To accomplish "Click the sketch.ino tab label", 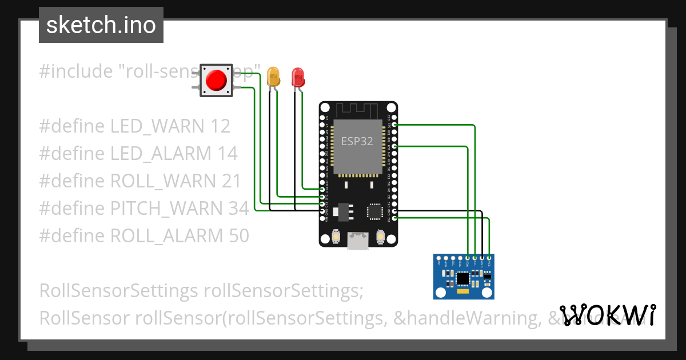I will coord(101,25).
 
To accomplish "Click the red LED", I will coord(298,77).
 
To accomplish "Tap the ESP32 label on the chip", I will coord(357,141).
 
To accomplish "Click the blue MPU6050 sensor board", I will coord(464,277).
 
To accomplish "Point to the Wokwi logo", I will coord(608,315).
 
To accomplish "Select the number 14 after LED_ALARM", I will coord(226,154).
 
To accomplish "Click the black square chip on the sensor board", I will coord(463,279).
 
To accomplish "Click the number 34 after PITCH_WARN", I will coord(238,209).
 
